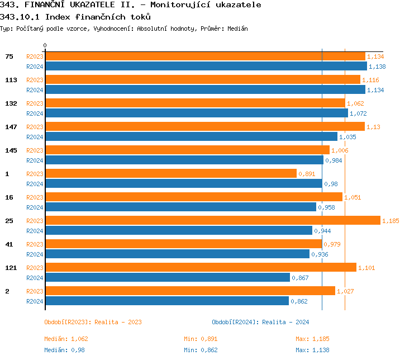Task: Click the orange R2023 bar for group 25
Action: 212,221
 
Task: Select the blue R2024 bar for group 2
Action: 166,301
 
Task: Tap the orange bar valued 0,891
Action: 170,174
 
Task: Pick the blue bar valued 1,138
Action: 206,67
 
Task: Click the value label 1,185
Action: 391,221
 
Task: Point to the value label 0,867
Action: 300,278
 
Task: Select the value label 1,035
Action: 347,137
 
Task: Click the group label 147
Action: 11,127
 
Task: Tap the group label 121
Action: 11,268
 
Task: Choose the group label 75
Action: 9,56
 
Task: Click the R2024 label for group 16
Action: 35,207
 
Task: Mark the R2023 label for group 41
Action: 35,244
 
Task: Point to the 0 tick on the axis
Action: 45,46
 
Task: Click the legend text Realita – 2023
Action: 118,322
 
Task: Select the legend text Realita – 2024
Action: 285,322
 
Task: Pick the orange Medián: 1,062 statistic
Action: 66,339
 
